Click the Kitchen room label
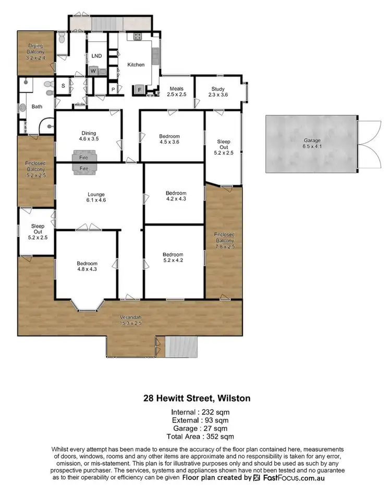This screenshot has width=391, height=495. coord(136,65)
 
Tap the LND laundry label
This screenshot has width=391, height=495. coord(96,56)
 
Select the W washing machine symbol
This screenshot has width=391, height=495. coord(93,70)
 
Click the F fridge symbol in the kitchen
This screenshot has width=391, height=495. coord(139,89)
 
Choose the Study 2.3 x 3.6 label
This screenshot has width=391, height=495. coord(218,92)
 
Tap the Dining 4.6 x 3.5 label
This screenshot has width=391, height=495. coord(88,136)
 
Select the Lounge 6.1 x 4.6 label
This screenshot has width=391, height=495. coord(96,197)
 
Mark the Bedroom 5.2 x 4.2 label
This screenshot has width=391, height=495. coord(173,257)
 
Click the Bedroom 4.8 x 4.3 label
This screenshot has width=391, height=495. coord(87,266)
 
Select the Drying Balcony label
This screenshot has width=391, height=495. coord(36,52)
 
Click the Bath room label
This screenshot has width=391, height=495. coord(36,107)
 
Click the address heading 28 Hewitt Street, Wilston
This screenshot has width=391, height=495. coord(197,398)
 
